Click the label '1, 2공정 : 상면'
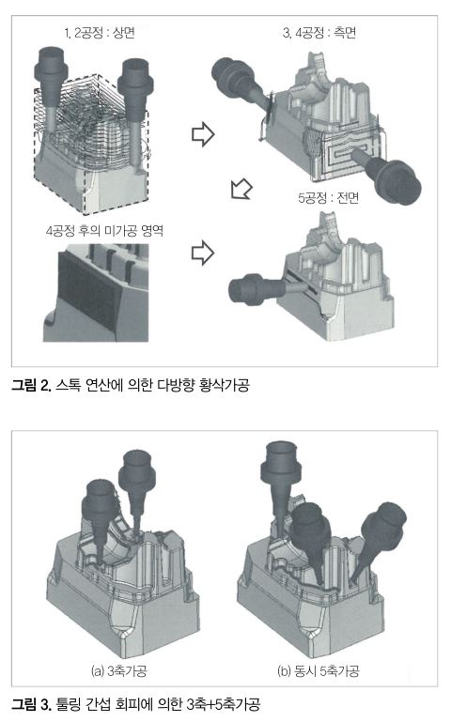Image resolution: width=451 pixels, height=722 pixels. click(100, 33)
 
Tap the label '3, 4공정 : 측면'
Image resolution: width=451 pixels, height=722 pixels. click(319, 32)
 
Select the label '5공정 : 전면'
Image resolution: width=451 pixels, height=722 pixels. click(329, 198)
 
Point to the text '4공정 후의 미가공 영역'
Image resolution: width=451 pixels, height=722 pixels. click(104, 230)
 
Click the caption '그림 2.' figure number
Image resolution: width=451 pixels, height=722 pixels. click(31, 385)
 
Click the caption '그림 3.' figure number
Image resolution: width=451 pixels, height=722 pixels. click(31, 704)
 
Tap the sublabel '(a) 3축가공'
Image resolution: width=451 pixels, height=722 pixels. click(118, 671)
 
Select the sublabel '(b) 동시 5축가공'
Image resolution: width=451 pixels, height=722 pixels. click(318, 671)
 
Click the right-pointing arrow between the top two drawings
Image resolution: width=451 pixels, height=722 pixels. click(203, 134)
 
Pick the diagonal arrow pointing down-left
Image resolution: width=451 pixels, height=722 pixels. click(241, 189)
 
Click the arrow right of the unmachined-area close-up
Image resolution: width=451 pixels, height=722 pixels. click(203, 253)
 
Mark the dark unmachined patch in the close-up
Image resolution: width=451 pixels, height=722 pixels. click(87, 287)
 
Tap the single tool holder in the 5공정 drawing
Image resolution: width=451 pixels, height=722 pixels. click(267, 289)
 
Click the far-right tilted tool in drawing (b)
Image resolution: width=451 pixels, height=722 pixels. click(378, 539)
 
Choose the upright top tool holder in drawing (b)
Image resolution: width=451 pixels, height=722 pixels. click(281, 484)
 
